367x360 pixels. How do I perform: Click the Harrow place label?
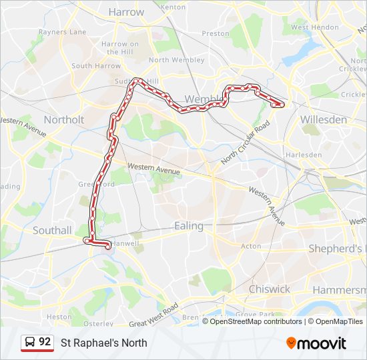tap(125, 12)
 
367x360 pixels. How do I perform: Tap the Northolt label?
tap(64, 120)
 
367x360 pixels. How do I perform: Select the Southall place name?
tap(52, 231)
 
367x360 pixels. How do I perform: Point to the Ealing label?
tap(189, 226)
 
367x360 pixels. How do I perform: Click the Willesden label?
tap(324, 120)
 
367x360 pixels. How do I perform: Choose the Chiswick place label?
tap(269, 289)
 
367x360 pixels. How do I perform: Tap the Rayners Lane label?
tap(62, 31)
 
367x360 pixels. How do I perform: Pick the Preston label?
tap(216, 33)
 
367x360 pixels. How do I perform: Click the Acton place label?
tap(251, 246)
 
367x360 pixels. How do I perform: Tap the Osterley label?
tap(98, 323)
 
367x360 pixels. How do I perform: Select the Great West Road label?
tap(153, 315)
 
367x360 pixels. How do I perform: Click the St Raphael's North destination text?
tap(104, 343)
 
